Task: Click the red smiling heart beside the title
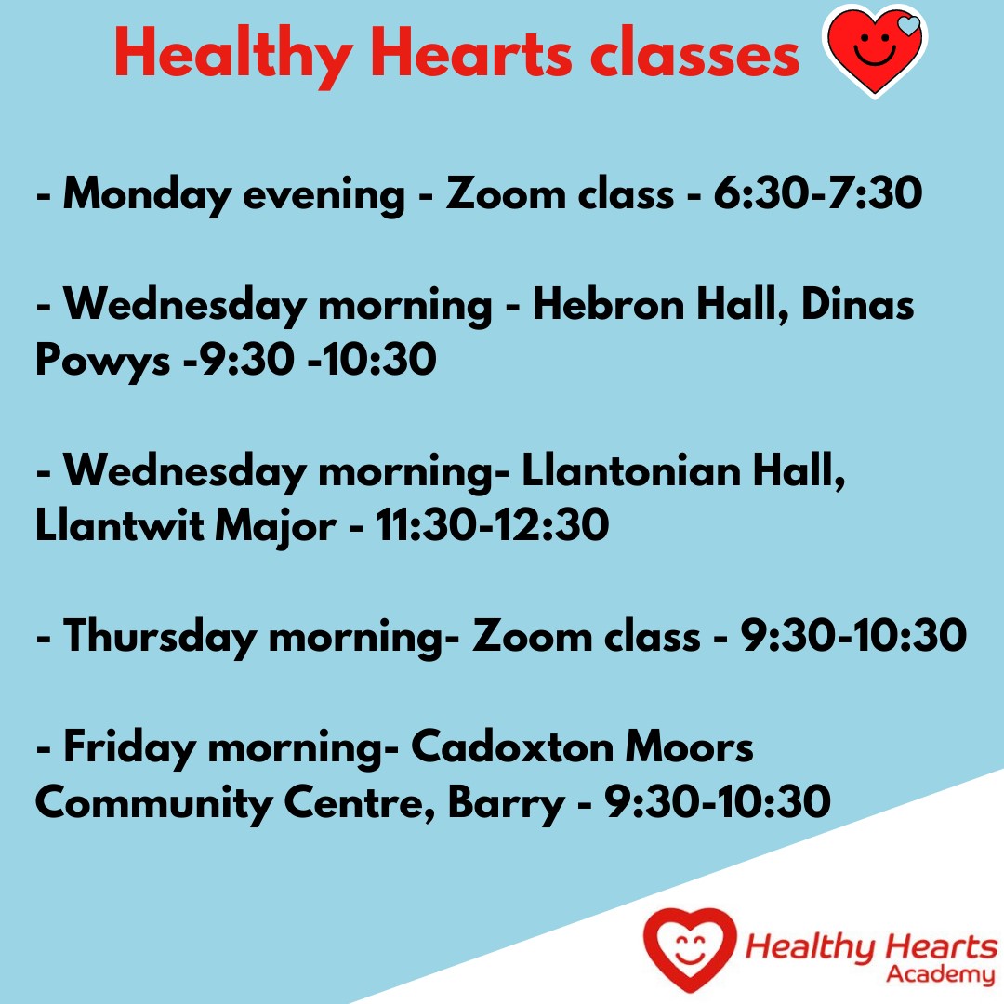pos(875,51)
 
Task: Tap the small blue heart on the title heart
pos(908,26)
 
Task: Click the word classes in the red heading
pos(694,55)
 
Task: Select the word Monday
pos(147,194)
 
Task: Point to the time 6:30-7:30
pos(818,192)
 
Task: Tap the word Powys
pos(102,361)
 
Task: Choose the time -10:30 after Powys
pos(372,359)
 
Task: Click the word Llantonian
pos(631,470)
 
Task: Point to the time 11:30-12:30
pos(492,525)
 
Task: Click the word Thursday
pos(160,637)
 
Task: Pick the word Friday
pos(129,747)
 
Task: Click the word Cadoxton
pos(511,746)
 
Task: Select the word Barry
pos(506,803)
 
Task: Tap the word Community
pos(153,803)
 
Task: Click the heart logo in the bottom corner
pos(690,949)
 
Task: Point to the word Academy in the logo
pos(939,974)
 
